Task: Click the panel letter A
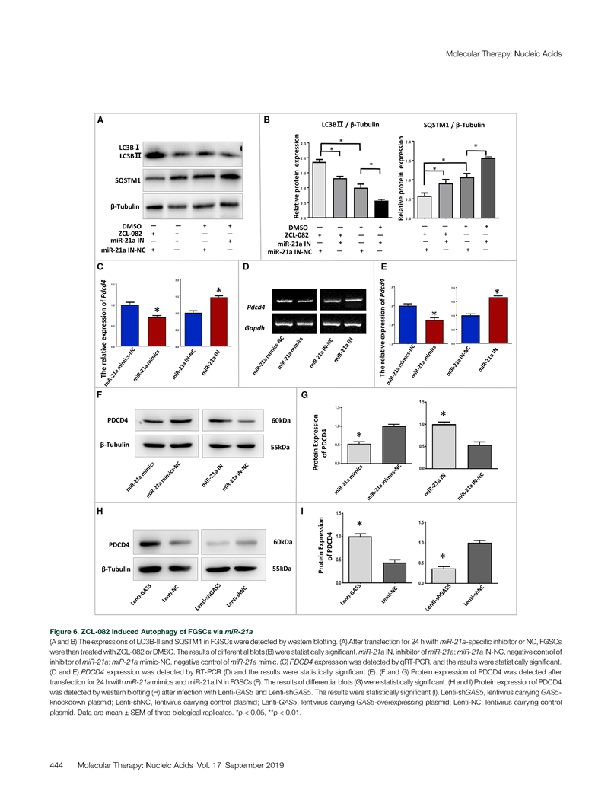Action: (100, 120)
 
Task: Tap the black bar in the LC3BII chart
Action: (380, 209)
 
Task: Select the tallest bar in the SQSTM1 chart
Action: (488, 188)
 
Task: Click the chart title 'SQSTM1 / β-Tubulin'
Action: (453, 125)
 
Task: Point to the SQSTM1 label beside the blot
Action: (125, 180)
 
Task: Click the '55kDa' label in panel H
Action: (282, 569)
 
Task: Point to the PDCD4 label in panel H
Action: (118, 545)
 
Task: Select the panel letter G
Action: (304, 395)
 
